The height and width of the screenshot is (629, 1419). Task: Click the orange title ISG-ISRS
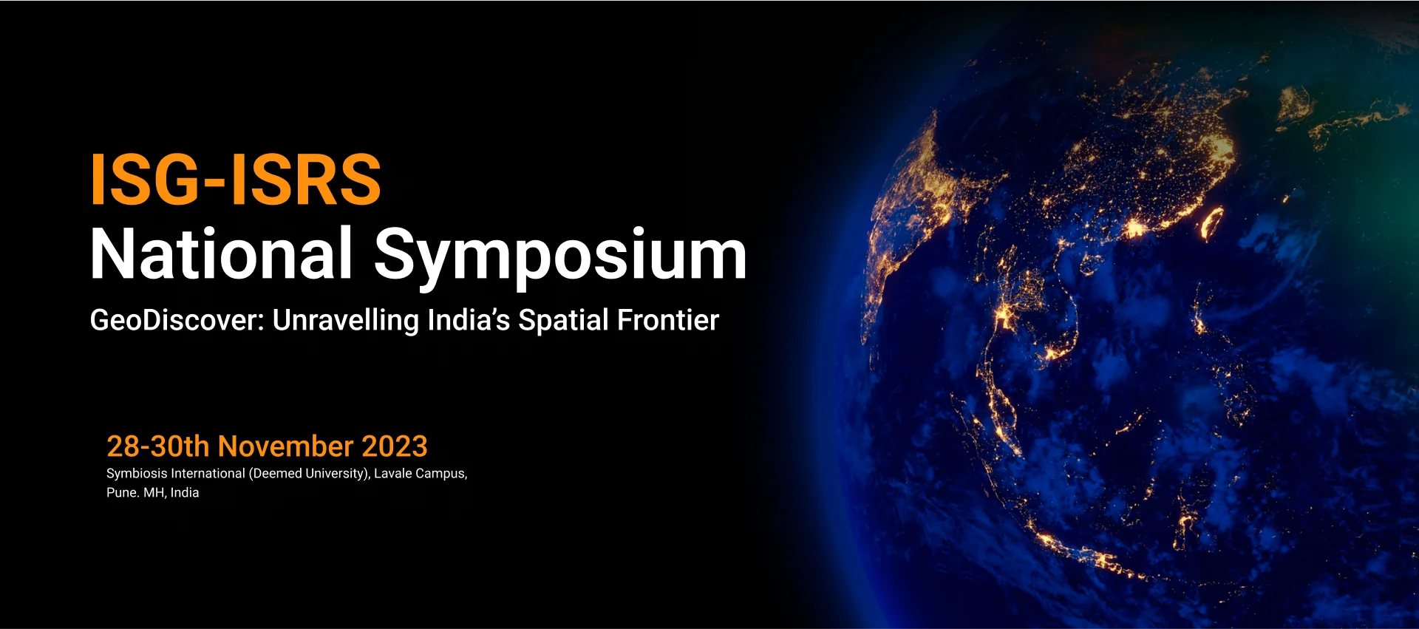click(x=235, y=180)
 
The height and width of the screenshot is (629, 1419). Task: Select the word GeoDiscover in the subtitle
click(x=177, y=320)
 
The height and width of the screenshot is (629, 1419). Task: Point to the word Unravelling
click(x=346, y=321)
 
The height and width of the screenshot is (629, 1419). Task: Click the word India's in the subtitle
click(x=469, y=320)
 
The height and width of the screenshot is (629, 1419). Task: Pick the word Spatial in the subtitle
click(x=564, y=321)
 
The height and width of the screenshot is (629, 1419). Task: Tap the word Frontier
click(x=668, y=320)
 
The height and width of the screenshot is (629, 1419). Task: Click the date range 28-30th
click(x=158, y=446)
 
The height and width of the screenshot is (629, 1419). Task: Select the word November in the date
click(x=286, y=446)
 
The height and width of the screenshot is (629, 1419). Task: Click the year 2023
click(x=395, y=446)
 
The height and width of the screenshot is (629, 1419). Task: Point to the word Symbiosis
click(x=137, y=474)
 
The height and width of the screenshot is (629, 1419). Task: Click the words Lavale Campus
click(x=421, y=474)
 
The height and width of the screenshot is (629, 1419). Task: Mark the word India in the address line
click(x=185, y=493)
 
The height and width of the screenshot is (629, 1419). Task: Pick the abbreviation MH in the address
click(x=154, y=493)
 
